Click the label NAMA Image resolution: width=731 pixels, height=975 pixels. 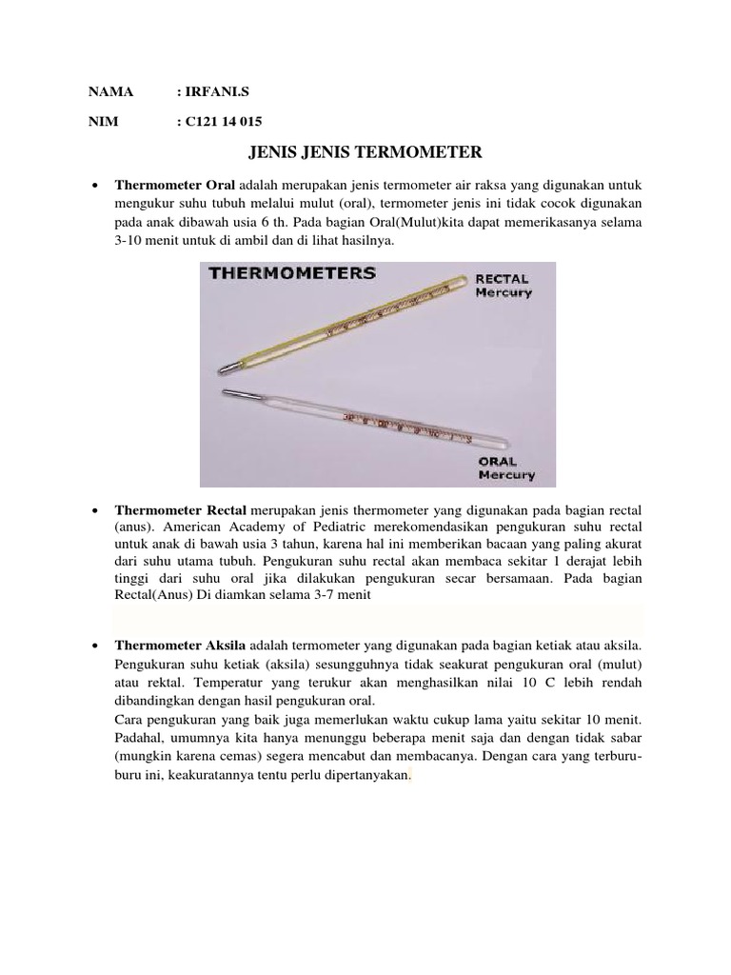(111, 92)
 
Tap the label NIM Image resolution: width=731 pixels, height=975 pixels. (103, 122)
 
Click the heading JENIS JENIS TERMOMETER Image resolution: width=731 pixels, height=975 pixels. (365, 152)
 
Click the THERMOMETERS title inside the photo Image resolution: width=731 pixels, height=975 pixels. (292, 272)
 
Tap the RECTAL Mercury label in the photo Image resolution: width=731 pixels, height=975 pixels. (504, 286)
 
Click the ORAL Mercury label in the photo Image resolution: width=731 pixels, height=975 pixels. (504, 467)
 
